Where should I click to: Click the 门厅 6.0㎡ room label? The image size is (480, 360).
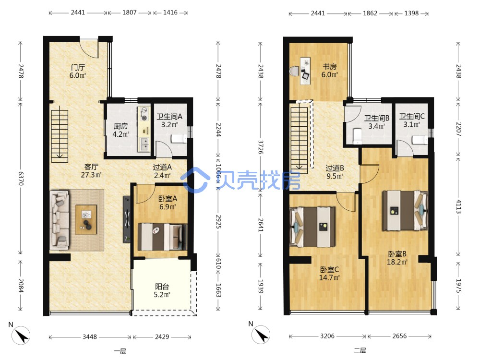pos(78,72)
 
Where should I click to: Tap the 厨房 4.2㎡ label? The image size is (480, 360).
pos(121,130)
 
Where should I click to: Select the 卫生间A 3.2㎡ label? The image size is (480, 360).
pos(169,120)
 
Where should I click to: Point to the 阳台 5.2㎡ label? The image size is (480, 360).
pos(162,290)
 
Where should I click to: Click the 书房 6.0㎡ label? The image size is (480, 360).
pos(330,71)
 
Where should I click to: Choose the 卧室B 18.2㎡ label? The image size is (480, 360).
pos(397,258)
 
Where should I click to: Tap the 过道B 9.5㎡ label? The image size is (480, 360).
pos(335,172)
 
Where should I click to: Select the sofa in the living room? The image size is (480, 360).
pos(60,219)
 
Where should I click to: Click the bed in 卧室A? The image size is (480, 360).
pos(162,237)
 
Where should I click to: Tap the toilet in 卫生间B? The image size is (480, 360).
pos(357,136)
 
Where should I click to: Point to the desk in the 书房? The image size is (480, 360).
pos(305,71)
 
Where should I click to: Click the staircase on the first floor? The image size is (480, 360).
pos(60,136)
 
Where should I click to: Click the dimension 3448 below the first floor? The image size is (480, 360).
pos(90,337)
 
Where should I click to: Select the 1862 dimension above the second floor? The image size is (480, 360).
pos(370,13)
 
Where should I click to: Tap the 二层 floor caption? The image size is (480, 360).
pos(360,350)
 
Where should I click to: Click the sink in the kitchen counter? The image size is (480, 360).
pos(144,144)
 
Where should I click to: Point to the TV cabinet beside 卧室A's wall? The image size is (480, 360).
pos(127,219)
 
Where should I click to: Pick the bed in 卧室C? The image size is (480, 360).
pos(312,227)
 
